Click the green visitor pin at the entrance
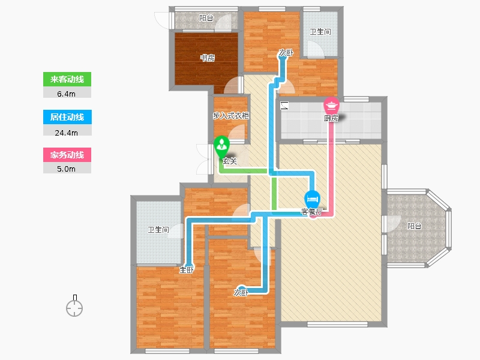(x=221, y=146)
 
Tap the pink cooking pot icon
(x=331, y=106)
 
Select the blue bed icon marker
(x=312, y=200)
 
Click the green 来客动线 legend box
(x=67, y=79)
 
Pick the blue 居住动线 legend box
(x=67, y=117)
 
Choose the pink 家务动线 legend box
(x=67, y=155)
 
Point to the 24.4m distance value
(x=67, y=133)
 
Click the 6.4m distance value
(x=66, y=94)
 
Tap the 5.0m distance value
(x=66, y=169)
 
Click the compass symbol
(x=74, y=306)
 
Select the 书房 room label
(x=207, y=58)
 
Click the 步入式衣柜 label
(x=231, y=116)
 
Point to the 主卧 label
(x=187, y=269)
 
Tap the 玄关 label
(x=230, y=161)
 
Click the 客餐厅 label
(x=311, y=212)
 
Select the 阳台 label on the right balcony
(x=414, y=226)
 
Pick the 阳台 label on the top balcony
(x=206, y=18)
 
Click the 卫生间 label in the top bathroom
(x=320, y=32)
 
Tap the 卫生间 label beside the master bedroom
(x=158, y=230)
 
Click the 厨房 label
(x=331, y=118)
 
